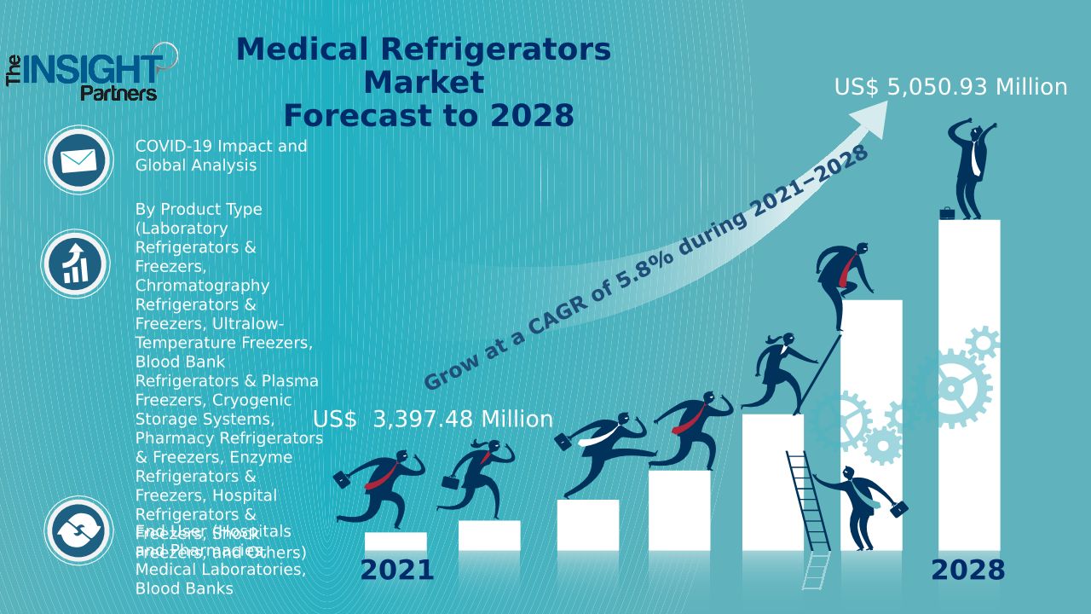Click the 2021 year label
[x=396, y=570]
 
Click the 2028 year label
[x=967, y=570]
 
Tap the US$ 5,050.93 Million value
[x=950, y=87]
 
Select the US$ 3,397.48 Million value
[x=433, y=420]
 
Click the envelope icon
[x=78, y=159]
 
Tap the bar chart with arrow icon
[x=76, y=263]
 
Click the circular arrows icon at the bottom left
[x=78, y=530]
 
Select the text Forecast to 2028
[x=428, y=115]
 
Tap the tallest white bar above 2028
[x=969, y=384]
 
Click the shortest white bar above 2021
[x=395, y=542]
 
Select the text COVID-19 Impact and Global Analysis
[x=221, y=155]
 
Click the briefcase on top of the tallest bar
[x=947, y=212]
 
